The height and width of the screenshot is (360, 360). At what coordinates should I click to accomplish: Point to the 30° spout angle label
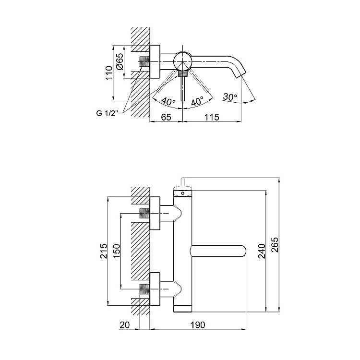coord(230,97)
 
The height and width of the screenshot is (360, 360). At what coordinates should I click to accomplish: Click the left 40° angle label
coord(168,101)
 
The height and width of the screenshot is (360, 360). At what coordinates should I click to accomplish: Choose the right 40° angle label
coord(197,102)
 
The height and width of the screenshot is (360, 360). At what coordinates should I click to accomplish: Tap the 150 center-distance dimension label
coord(116,251)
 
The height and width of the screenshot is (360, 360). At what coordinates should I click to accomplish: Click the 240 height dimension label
coord(262,251)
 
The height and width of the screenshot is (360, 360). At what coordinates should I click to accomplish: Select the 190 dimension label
coord(197,325)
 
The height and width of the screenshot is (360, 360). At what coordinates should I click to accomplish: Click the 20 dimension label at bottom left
coord(124,325)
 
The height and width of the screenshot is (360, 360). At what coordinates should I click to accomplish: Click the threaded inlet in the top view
coord(144,62)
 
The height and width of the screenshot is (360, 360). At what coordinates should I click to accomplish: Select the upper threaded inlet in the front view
coord(144,213)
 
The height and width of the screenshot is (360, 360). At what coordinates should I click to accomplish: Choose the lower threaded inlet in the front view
coord(144,289)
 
